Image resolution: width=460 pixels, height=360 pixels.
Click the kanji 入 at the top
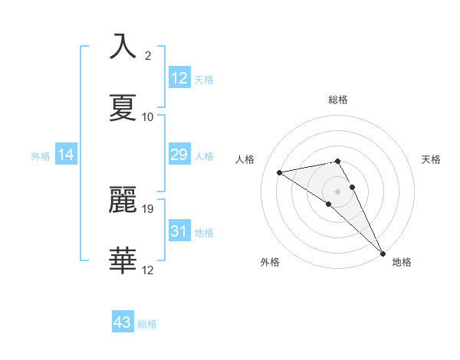coord(123,47)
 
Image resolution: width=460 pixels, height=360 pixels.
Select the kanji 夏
coord(123,108)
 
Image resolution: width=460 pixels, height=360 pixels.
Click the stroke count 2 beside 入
coord(148,56)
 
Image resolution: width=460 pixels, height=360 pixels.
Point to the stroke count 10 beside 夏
coord(148,117)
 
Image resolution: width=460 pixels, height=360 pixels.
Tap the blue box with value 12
coord(179,77)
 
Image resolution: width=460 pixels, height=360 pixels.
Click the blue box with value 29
coord(179,155)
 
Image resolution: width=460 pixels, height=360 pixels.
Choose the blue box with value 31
coord(179,231)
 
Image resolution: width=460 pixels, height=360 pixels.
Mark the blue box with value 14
coord(66,155)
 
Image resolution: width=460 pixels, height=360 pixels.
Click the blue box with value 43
coord(123,322)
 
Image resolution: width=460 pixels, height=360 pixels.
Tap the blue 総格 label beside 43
coord(147,324)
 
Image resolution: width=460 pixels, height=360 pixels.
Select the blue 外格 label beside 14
coord(41,156)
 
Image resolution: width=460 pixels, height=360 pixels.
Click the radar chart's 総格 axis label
coord(338,100)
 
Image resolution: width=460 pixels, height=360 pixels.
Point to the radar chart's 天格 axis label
coord(431,159)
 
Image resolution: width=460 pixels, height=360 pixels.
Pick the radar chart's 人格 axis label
coord(245,159)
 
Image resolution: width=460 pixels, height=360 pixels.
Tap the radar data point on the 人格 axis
coord(280,172)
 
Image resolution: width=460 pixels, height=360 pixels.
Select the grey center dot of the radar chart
coord(338,191)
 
